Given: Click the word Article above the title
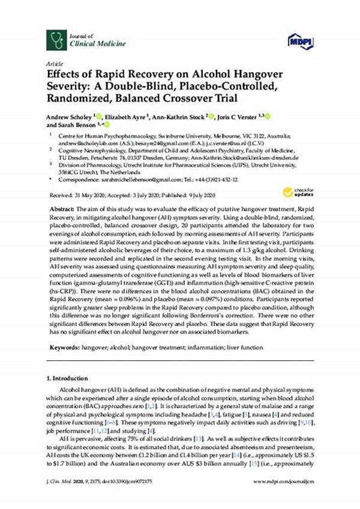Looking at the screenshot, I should pyautogui.click(x=55, y=62).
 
